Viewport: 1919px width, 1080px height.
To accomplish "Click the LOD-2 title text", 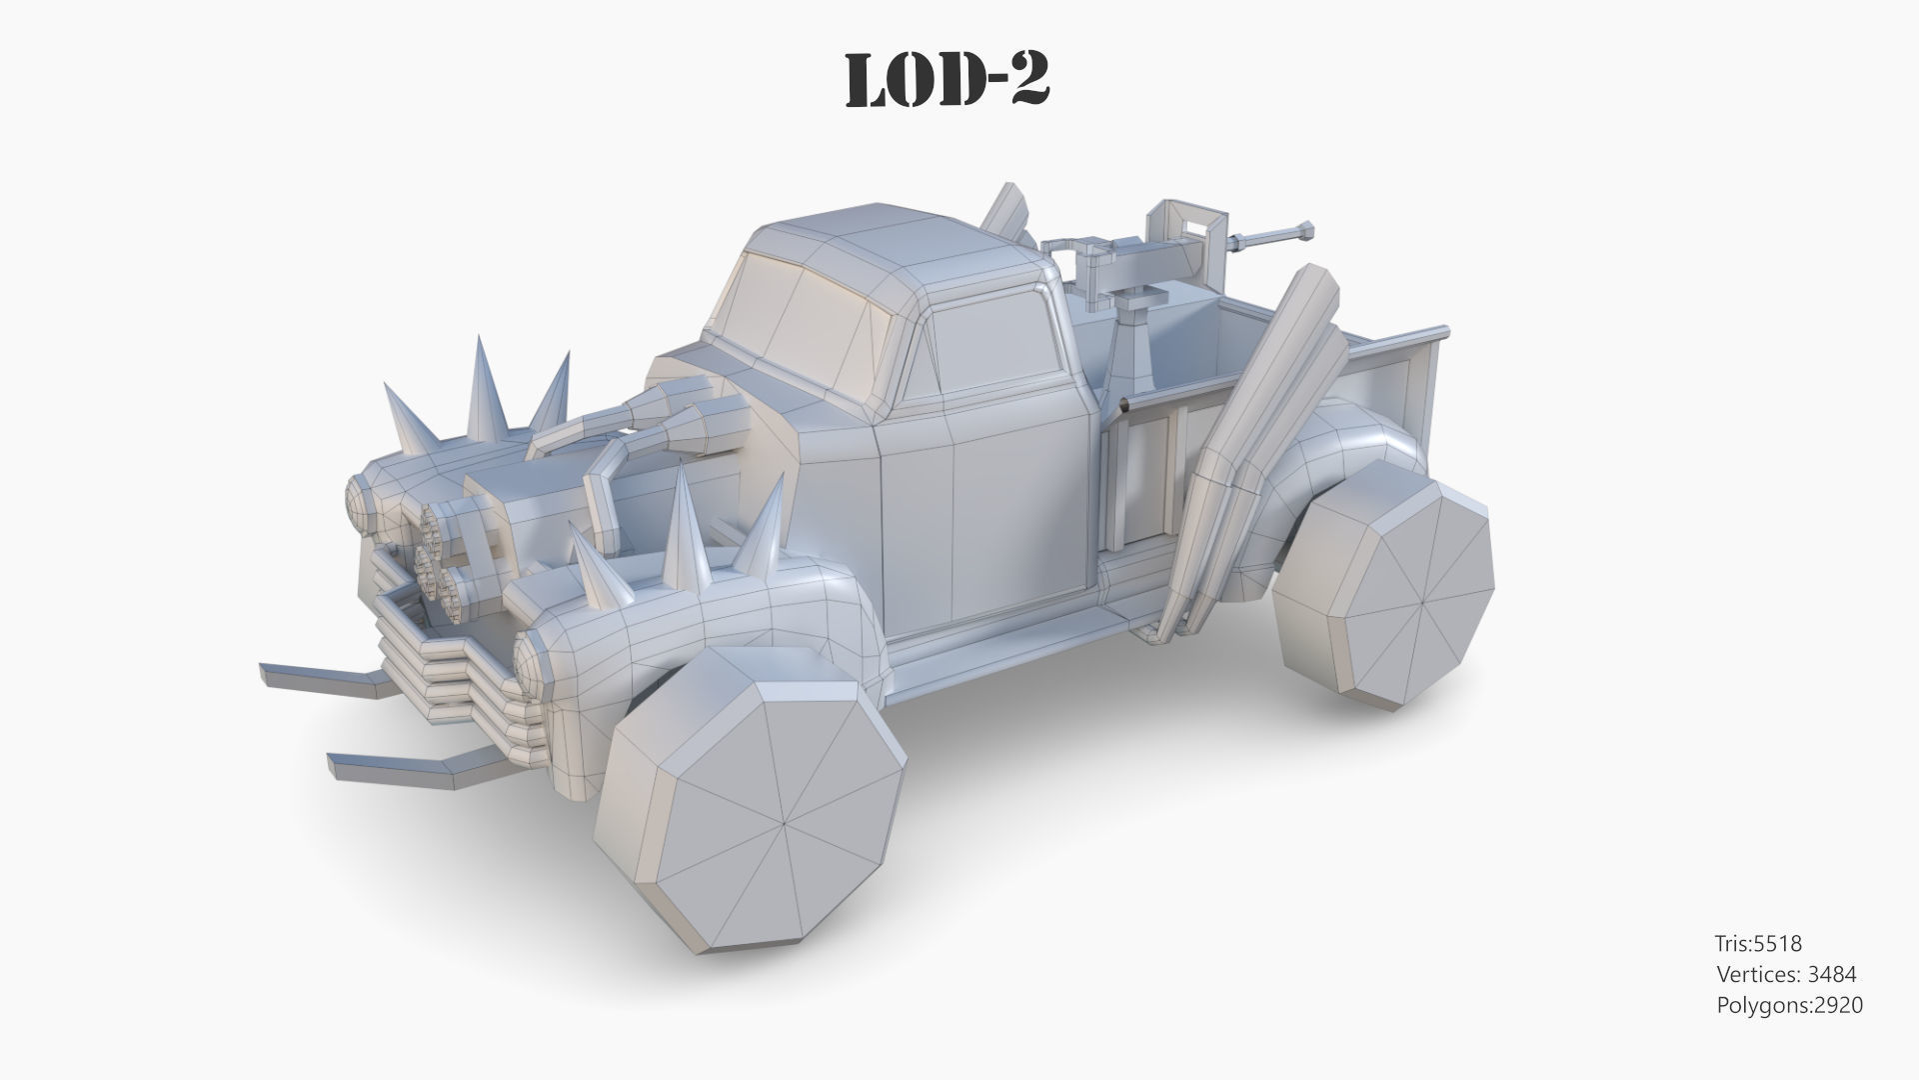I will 947,79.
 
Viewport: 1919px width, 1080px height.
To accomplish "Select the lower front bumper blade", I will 400,765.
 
